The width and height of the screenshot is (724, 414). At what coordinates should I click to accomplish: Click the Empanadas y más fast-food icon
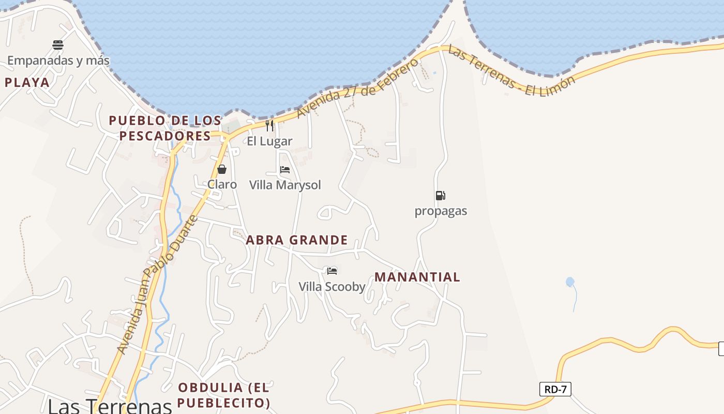[58, 45]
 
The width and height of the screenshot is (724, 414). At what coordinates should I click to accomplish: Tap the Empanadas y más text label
[58, 61]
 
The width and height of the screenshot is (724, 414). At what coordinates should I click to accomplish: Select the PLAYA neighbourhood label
[27, 82]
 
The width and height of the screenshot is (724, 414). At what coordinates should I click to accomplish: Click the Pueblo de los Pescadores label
[165, 128]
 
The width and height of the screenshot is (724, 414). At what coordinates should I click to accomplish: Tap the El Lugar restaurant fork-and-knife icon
[269, 126]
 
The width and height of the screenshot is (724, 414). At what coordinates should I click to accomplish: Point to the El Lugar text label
[269, 141]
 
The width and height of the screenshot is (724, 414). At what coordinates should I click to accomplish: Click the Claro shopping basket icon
[222, 169]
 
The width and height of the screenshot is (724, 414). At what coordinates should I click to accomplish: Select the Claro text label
[222, 185]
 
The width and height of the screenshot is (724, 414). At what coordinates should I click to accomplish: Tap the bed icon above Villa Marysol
[284, 170]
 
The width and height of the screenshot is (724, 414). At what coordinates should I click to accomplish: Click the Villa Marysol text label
[285, 185]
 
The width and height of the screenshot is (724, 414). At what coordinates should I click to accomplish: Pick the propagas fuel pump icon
[441, 196]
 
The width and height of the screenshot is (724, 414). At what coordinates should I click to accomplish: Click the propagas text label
[441, 211]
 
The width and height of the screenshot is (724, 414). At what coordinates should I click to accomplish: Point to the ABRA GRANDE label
[297, 240]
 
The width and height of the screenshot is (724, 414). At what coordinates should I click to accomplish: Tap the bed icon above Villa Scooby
[332, 271]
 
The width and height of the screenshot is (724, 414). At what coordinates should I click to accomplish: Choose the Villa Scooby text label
[332, 287]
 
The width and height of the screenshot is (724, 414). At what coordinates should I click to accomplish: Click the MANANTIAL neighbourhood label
[417, 277]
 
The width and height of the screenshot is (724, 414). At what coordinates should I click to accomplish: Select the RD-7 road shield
[555, 389]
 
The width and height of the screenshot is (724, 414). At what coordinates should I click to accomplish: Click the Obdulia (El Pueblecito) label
[224, 395]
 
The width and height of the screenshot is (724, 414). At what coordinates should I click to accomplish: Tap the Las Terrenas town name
[110, 406]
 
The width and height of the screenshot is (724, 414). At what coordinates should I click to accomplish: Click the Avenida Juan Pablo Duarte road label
[157, 285]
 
